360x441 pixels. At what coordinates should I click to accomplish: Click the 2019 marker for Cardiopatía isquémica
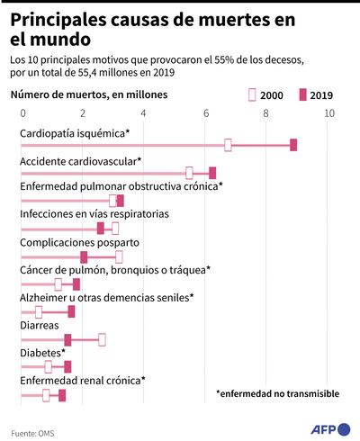coord(293,145)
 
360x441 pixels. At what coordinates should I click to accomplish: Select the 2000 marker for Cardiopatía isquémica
coord(228,145)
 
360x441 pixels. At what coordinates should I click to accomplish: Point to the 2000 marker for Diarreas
coord(102,339)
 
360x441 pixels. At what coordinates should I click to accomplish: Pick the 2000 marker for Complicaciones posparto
coord(119,256)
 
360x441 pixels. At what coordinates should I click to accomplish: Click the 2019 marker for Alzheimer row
coord(72,311)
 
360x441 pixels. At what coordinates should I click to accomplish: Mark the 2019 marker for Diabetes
coord(67,366)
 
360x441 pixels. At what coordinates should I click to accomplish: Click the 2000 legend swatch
coord(251,94)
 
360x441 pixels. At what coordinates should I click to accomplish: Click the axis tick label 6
coord(207,113)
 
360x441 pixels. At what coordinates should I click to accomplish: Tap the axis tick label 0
coord(22,113)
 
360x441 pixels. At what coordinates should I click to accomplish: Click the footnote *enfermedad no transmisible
coord(277,393)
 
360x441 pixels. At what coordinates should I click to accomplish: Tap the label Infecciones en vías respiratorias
coord(94,214)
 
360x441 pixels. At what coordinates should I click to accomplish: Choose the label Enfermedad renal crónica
coord(82,381)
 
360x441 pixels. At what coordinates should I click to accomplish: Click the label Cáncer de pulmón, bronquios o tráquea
coord(115,270)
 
